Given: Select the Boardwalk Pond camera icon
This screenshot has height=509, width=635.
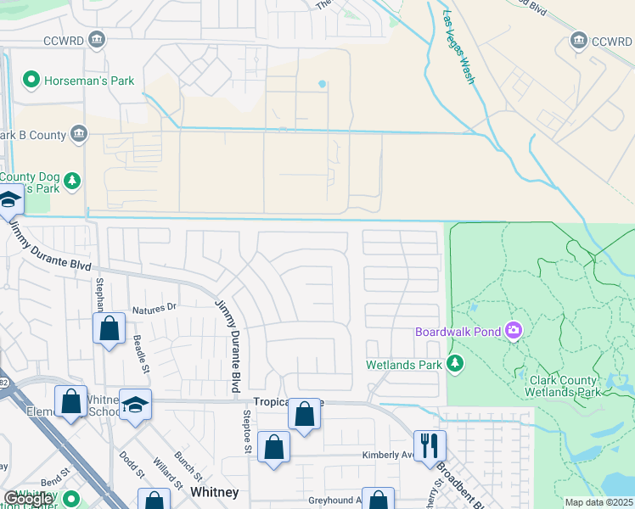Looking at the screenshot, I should (x=513, y=330).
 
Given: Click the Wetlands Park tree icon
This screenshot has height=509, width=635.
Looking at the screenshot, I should (x=456, y=364).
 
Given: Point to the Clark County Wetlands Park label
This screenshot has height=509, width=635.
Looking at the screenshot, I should (x=565, y=386).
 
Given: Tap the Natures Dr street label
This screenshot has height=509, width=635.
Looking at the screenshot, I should (x=154, y=307).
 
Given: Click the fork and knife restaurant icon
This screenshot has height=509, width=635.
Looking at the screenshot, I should (x=430, y=444).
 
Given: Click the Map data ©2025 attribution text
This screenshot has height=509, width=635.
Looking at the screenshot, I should (x=599, y=502).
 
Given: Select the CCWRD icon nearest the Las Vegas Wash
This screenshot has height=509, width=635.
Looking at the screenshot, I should (x=580, y=40).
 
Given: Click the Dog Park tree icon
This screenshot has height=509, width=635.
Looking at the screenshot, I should (x=74, y=181).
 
